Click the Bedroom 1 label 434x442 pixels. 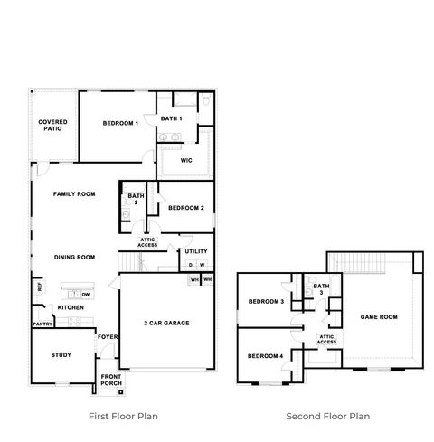pos(120,123)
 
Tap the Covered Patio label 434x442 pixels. pos(52,126)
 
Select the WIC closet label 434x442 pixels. pos(186,160)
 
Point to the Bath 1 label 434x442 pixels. pos(172,118)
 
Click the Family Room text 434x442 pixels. pos(74,194)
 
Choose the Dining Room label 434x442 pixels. pos(74,257)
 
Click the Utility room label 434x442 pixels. pos(196,251)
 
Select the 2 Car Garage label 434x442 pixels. pos(166,323)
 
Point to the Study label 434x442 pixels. pos(61,355)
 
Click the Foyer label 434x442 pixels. pos(108,338)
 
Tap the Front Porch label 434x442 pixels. pos(111,379)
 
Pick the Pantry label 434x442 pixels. pos(42,324)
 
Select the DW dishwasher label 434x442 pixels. pos(85,295)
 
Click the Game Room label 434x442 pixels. pos(379,317)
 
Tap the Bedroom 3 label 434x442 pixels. pos(267,301)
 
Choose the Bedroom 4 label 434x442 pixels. pos(267,355)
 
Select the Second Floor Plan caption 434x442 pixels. pos(328,417)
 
